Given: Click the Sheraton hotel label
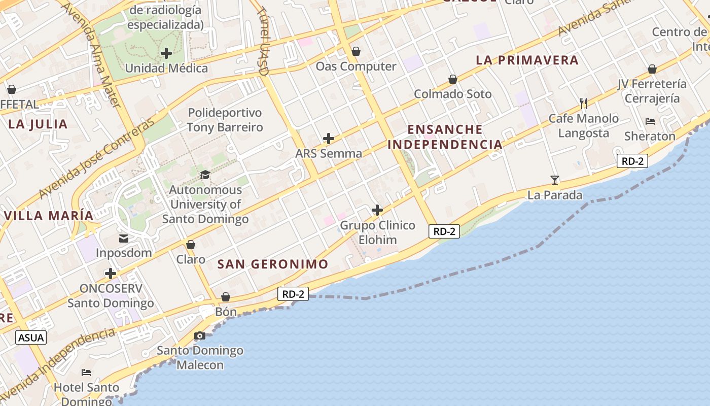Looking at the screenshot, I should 650,136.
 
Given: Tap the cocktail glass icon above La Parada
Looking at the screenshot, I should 555,180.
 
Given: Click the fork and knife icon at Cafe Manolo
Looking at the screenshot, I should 584,104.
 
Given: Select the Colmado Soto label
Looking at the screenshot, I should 453,94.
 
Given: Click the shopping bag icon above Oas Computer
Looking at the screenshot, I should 356,51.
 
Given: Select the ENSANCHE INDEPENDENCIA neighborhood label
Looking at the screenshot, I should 445,137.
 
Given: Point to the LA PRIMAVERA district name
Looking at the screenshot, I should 527,60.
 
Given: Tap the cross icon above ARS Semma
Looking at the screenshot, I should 329,138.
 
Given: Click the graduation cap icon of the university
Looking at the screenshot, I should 205,175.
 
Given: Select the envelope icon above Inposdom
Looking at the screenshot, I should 124,239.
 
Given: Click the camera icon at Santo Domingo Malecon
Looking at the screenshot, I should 200,336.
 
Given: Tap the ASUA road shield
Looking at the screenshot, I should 31,337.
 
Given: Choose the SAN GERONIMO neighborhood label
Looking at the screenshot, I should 273,264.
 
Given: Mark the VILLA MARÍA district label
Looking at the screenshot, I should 49,215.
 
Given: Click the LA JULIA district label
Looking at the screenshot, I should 38,124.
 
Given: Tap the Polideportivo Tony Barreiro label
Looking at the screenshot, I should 225,120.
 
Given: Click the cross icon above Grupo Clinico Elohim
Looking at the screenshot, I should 377,210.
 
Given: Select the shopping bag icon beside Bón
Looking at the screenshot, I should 226,297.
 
